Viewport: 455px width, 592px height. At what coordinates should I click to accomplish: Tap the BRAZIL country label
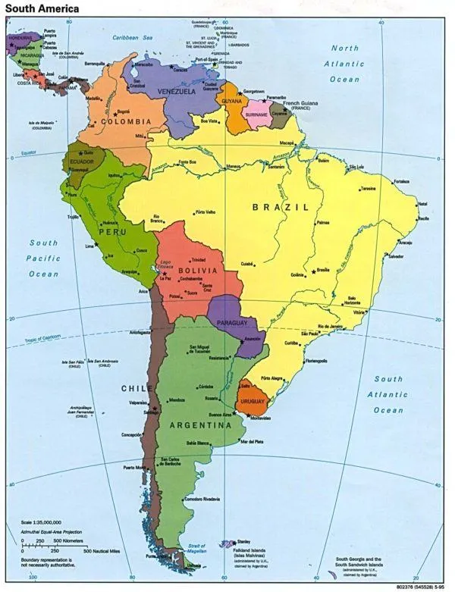(x=281, y=206)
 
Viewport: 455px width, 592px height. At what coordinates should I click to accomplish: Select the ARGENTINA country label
(x=200, y=425)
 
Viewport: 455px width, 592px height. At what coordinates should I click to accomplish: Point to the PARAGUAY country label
(x=232, y=323)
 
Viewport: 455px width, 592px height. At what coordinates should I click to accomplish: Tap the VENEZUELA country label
(x=177, y=91)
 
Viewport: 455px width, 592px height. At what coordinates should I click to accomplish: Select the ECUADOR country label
(x=83, y=162)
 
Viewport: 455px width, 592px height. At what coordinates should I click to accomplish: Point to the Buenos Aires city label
(x=224, y=415)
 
